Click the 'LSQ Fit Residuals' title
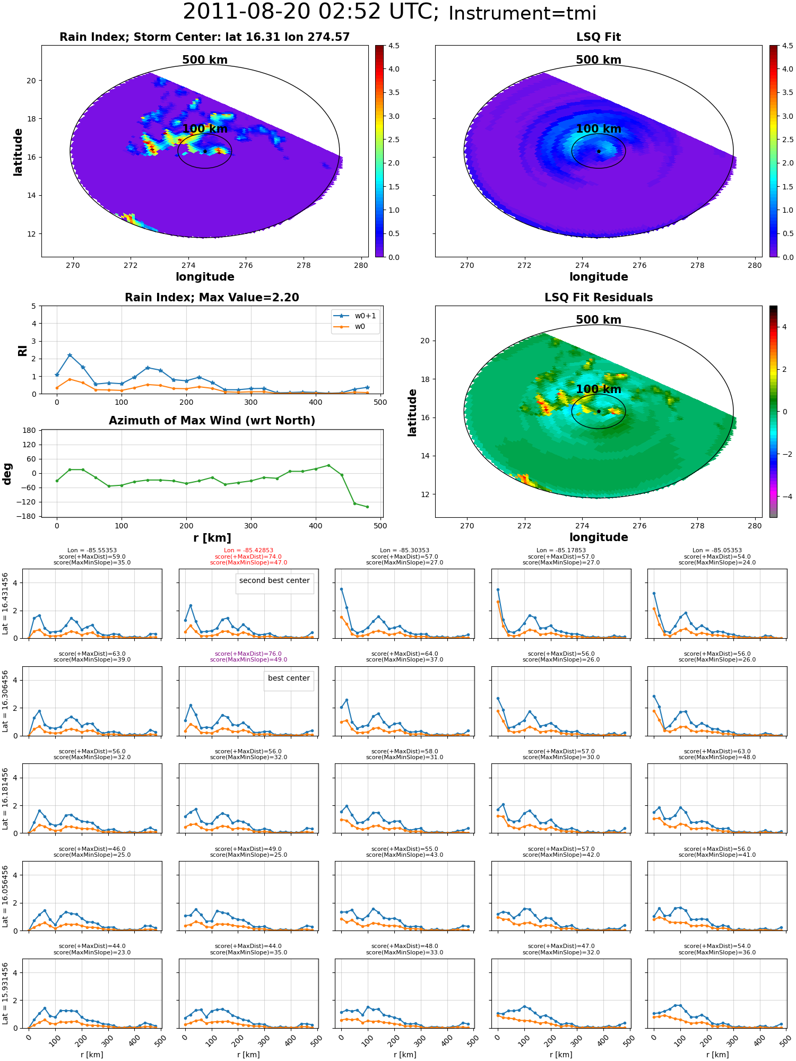[x=599, y=298]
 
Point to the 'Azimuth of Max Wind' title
[x=212, y=421]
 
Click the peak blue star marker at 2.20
[x=70, y=355]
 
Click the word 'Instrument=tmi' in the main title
[x=522, y=13]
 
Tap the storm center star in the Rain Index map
[x=205, y=151]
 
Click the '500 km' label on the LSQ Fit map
[x=599, y=60]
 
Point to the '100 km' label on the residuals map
[x=599, y=389]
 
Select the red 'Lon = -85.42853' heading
[x=248, y=551]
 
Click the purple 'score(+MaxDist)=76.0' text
[x=248, y=654]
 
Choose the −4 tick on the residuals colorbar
[x=784, y=497]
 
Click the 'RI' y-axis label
[x=22, y=350]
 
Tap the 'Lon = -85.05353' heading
[x=717, y=551]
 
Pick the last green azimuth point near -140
[x=367, y=507]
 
